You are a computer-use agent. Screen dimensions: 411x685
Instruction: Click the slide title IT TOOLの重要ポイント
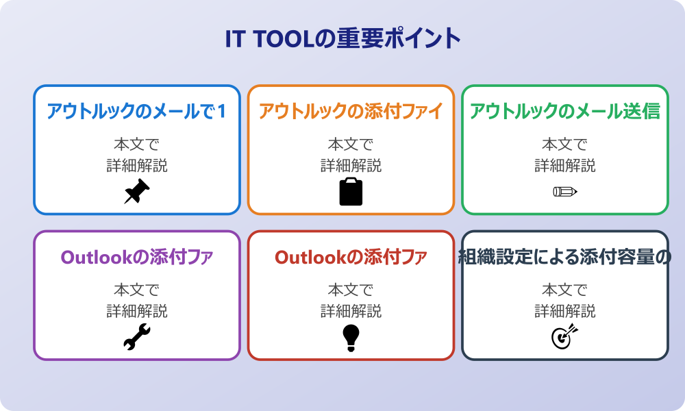click(342, 38)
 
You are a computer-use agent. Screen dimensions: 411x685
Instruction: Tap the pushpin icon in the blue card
click(137, 191)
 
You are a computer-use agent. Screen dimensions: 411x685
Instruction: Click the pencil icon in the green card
click(565, 191)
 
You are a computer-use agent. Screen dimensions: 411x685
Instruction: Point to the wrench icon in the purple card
click(137, 337)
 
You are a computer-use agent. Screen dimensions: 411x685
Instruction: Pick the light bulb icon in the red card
click(351, 337)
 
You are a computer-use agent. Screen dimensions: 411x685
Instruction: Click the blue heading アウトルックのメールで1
click(137, 111)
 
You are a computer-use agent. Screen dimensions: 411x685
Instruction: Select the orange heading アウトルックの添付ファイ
click(351, 111)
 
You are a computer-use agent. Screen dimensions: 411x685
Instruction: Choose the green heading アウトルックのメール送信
click(565, 111)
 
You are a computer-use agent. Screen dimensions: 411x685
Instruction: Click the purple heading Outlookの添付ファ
click(137, 257)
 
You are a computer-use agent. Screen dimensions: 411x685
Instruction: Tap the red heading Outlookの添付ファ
click(351, 257)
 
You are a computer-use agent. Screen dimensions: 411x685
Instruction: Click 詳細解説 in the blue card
click(137, 165)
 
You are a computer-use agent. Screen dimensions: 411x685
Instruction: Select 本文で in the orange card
click(351, 145)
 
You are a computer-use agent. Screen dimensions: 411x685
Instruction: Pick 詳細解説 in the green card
click(565, 165)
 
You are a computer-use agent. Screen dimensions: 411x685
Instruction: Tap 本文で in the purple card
click(137, 290)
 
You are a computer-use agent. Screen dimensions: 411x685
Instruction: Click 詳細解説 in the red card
click(351, 311)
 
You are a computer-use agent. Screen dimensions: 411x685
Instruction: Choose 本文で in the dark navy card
click(565, 290)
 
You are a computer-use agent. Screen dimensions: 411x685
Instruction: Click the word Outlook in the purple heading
click(95, 257)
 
